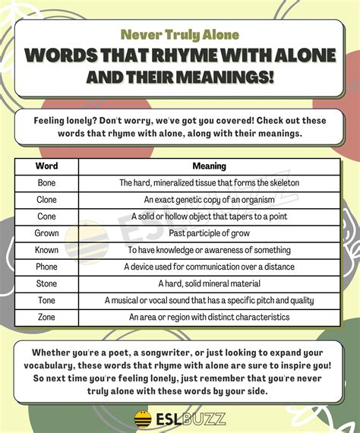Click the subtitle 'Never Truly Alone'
tap(179, 35)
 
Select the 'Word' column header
tap(47, 166)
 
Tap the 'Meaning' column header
tap(209, 166)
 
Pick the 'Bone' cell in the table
tap(47, 182)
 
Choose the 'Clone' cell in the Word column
tap(47, 199)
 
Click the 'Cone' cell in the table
tap(47, 216)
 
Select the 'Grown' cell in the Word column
tap(47, 232)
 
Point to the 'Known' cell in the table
tap(47, 249)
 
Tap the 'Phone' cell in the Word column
tap(47, 267)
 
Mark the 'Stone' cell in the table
tap(47, 283)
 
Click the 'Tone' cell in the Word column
tap(47, 300)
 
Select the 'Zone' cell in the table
tap(47, 317)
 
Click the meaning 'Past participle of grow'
tap(209, 232)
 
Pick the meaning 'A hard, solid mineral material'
tap(209, 283)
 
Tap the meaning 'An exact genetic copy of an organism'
tap(209, 199)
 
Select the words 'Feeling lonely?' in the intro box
tap(69, 120)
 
